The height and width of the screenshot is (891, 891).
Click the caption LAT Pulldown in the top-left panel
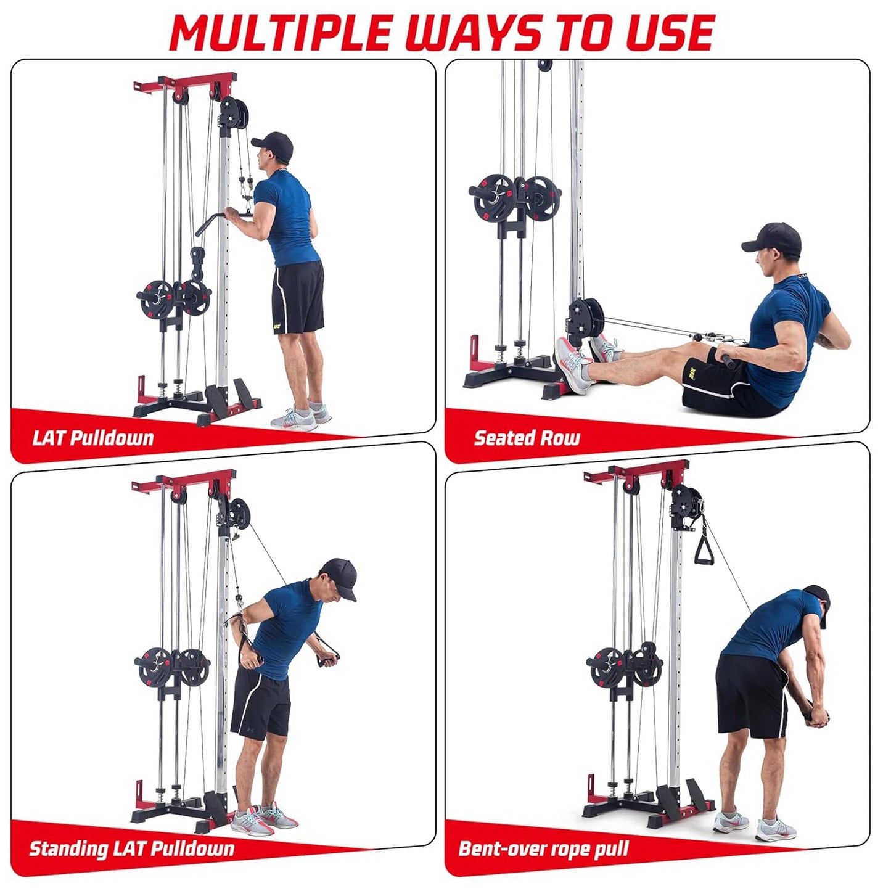tap(93, 438)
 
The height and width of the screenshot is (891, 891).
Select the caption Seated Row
tap(527, 438)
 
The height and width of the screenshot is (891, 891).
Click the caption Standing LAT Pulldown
tap(131, 848)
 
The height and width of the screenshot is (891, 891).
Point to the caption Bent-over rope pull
tap(543, 848)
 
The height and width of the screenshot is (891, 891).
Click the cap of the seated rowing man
tap(774, 237)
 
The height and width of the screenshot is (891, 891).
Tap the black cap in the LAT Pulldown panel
tap(274, 145)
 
